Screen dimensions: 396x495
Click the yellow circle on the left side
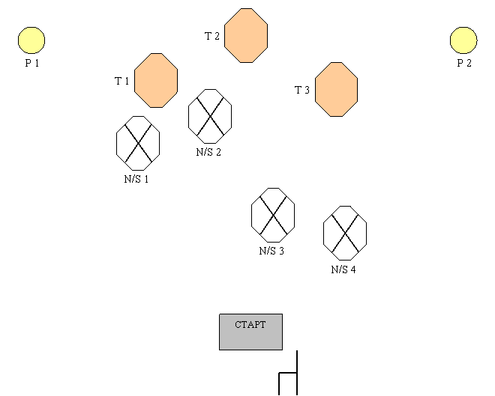31,40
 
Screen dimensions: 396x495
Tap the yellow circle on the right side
463,40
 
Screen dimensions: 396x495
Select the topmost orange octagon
246,35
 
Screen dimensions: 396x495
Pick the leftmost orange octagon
156,80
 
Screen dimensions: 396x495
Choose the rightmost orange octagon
336,89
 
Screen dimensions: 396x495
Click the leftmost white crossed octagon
138,143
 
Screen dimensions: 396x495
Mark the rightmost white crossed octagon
345,233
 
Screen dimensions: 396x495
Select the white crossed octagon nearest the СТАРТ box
273,215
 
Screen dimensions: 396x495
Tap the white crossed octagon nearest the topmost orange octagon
210,116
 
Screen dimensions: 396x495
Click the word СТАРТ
250,325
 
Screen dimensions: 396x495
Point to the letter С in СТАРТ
238,325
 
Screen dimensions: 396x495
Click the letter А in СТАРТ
250,325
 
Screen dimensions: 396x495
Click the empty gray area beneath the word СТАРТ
250,341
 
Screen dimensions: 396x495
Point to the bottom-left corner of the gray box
220,348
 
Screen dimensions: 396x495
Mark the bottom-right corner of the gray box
281,348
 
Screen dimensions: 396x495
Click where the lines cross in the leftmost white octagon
138,143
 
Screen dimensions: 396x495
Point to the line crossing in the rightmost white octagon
345,233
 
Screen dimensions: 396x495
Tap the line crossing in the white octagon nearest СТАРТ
273,215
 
